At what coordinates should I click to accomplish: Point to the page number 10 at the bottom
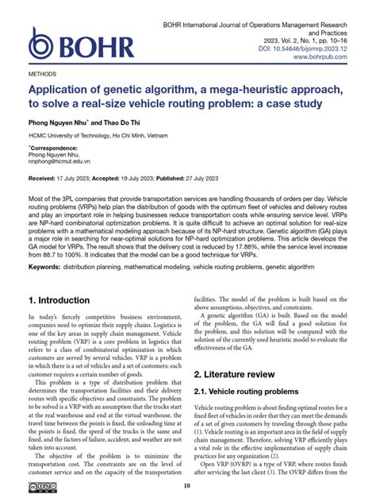click(187, 486)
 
